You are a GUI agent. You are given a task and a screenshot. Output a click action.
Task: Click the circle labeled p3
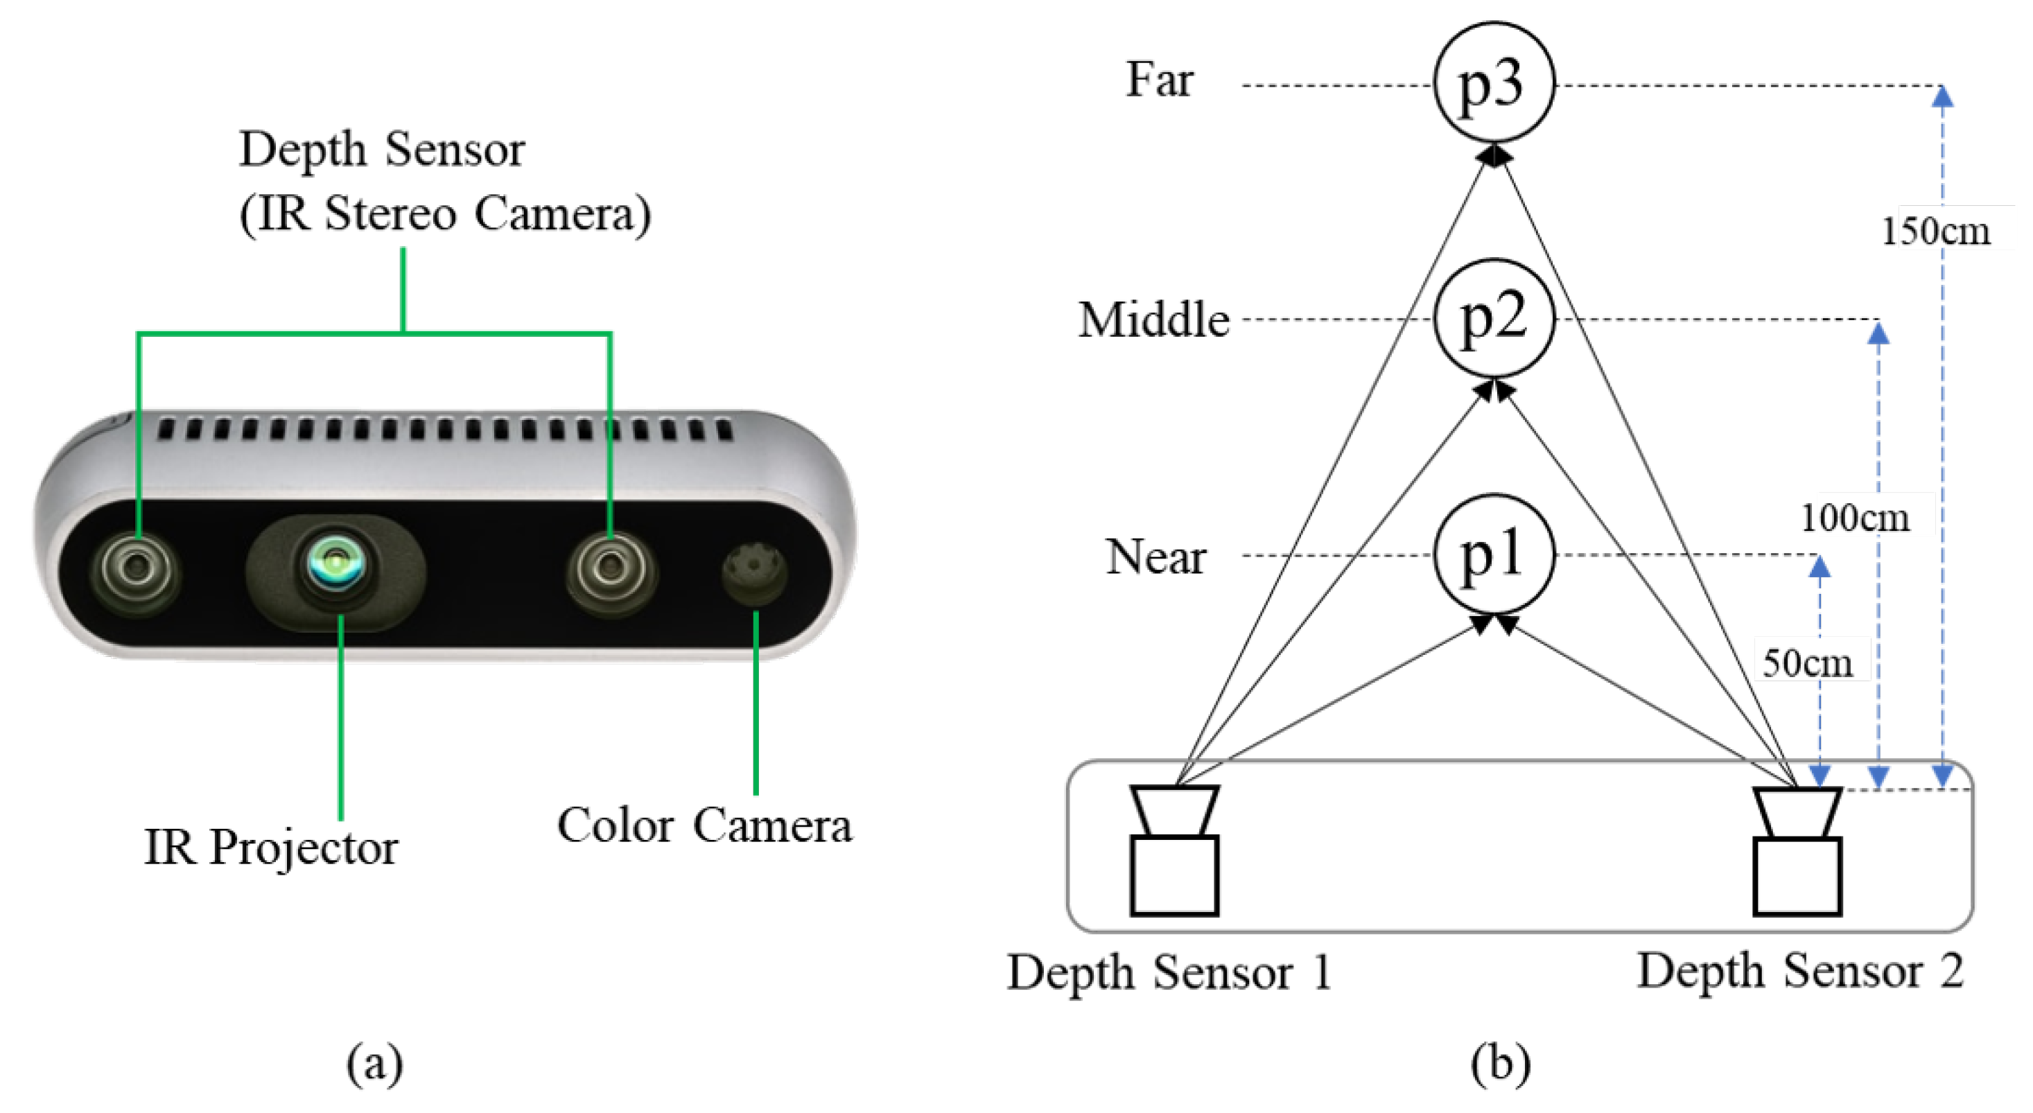pyautogui.click(x=1492, y=83)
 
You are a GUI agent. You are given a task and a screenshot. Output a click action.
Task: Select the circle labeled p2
pyautogui.click(x=1492, y=319)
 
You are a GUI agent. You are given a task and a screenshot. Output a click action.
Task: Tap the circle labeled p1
pyautogui.click(x=1492, y=554)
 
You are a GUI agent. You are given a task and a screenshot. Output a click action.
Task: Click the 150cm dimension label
pyautogui.click(x=1936, y=231)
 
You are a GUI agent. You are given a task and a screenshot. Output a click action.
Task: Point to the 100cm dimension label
pyautogui.click(x=1856, y=518)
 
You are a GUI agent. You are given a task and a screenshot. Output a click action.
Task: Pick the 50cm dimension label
pyautogui.click(x=1807, y=662)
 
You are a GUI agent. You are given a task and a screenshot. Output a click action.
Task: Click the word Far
pyautogui.click(x=1160, y=80)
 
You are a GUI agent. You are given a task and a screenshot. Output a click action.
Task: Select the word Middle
pyautogui.click(x=1154, y=320)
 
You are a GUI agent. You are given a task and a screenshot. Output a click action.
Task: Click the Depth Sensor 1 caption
pyautogui.click(x=1169, y=972)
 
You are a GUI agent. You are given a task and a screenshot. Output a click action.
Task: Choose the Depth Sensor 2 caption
pyautogui.click(x=1800, y=970)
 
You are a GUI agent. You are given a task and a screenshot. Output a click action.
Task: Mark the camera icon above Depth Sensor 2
pyautogui.click(x=1797, y=852)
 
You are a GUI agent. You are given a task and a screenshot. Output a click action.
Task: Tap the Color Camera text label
pyautogui.click(x=705, y=826)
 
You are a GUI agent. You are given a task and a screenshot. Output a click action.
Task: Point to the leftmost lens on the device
pyautogui.click(x=137, y=569)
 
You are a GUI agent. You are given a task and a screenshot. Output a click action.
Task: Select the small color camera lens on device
pyautogui.click(x=753, y=570)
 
